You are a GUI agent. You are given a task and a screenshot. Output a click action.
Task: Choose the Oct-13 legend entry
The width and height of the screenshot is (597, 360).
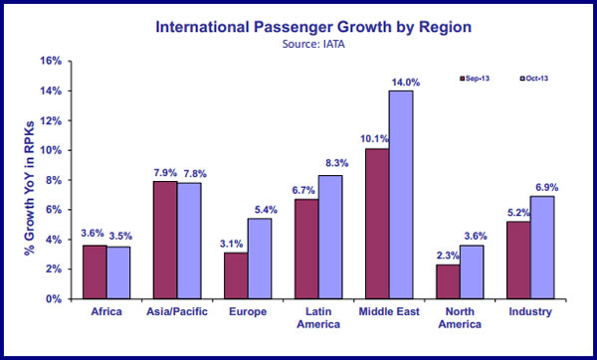[x=538, y=78]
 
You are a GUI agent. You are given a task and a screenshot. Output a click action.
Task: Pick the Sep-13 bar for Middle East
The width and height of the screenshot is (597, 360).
[x=376, y=224]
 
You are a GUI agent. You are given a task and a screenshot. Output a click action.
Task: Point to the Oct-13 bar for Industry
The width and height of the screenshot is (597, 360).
[x=541, y=248]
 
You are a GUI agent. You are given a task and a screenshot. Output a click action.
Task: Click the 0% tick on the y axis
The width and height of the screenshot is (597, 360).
[x=53, y=298]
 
